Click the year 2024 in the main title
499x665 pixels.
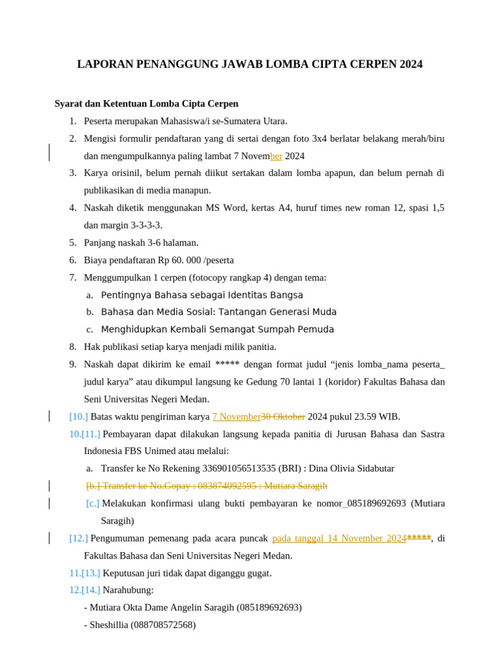point(411,64)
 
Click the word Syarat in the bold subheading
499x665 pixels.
point(69,104)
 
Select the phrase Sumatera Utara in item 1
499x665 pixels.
point(256,121)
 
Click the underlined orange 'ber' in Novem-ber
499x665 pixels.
point(276,157)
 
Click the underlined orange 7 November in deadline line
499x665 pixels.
point(236,417)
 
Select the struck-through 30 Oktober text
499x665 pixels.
point(283,417)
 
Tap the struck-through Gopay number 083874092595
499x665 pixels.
point(227,486)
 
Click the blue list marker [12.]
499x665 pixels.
point(79,538)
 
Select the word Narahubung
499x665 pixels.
point(128,590)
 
